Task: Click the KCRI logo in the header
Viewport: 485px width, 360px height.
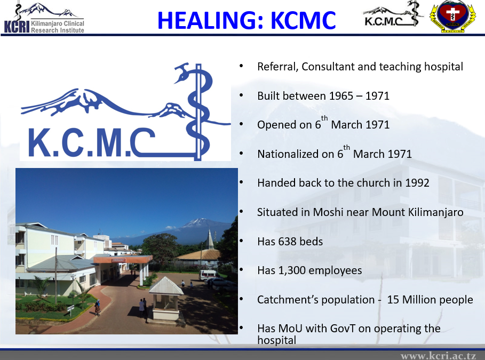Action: click(x=44, y=18)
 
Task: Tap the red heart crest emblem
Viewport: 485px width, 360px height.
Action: click(x=452, y=16)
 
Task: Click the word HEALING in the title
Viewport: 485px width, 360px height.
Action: click(x=210, y=20)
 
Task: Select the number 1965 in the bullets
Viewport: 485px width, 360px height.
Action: click(x=341, y=96)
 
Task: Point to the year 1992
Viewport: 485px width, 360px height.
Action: click(x=417, y=183)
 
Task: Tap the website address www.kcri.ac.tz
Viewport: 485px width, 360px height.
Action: click(x=438, y=355)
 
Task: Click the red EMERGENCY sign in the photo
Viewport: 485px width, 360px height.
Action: click(x=119, y=260)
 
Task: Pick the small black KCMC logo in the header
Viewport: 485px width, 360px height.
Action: click(x=393, y=14)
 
